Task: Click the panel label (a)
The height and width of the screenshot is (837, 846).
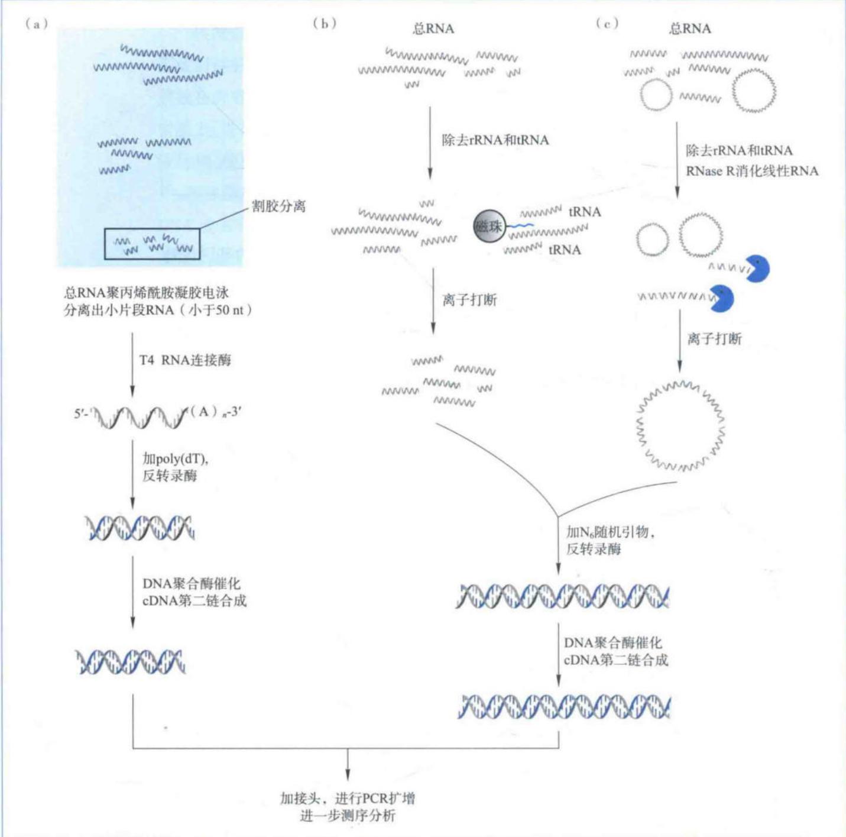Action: pos(37,24)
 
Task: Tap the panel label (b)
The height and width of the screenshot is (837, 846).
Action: pos(325,24)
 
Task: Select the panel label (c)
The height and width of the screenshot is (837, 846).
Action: pos(608,24)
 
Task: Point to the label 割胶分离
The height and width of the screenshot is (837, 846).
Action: pos(279,206)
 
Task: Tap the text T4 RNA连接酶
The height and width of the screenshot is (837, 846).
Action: pos(185,360)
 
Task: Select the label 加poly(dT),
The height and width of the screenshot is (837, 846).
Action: pos(175,458)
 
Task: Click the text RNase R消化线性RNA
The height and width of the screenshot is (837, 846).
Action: pos(752,171)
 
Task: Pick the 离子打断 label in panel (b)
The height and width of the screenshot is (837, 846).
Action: pos(469,300)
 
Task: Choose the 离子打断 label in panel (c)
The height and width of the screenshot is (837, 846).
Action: pos(714,338)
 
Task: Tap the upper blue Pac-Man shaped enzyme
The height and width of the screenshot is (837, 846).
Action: pos(757,269)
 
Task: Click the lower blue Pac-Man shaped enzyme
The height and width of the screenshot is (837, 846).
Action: pos(722,298)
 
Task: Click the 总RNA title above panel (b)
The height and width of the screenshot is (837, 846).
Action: pos(433,28)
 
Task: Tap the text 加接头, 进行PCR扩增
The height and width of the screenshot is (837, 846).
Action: pos(347,798)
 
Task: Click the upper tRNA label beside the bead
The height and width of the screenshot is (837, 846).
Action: pos(585,212)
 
